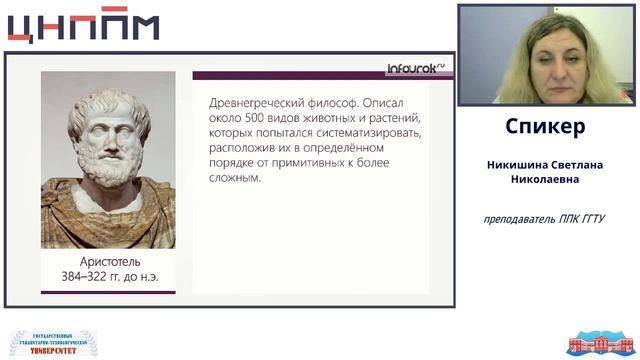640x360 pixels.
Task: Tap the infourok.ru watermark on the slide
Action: [415, 70]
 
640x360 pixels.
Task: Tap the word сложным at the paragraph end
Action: [236, 178]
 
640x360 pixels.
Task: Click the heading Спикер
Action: [546, 128]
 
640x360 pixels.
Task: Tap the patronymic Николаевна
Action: [546, 180]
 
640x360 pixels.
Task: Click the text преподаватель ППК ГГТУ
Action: [545, 219]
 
